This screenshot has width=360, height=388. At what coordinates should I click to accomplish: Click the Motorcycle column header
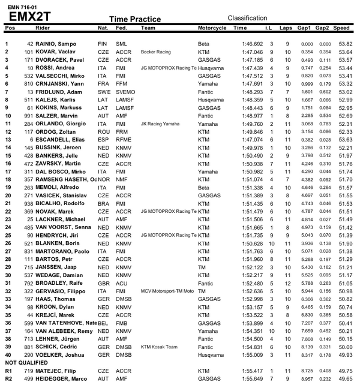pyautogui.click(x=212, y=28)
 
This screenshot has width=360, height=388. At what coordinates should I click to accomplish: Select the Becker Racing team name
pyautogui.click(x=155, y=52)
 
